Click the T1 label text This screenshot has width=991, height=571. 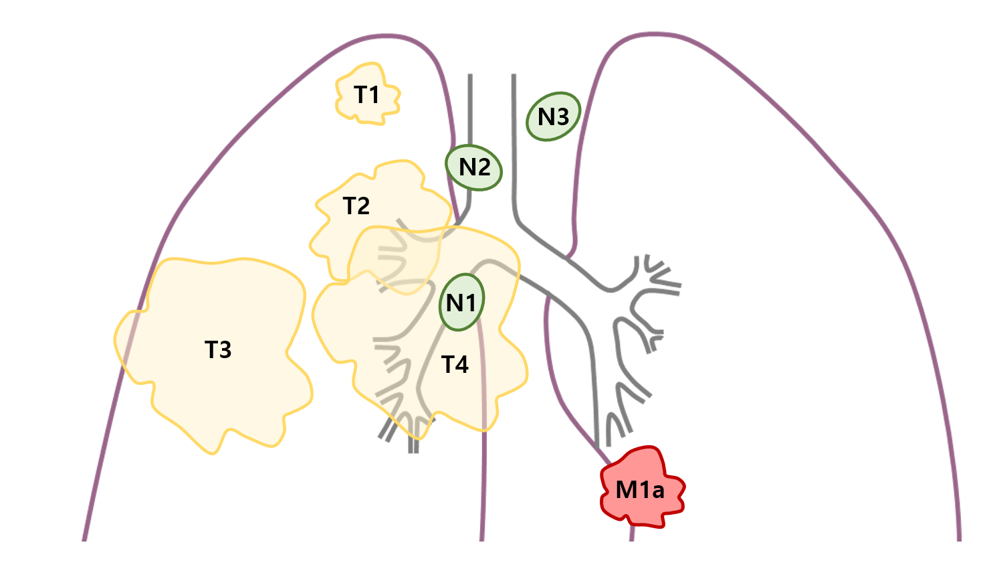[366, 95]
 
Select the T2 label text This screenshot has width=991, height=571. [356, 206]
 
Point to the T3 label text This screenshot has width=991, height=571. [218, 349]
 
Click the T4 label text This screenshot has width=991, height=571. [455, 364]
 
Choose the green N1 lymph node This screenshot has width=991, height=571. [461, 302]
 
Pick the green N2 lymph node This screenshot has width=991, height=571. [474, 167]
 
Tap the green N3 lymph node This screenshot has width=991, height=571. [553, 116]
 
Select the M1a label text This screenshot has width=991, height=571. [640, 490]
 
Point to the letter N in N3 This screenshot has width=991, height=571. [546, 117]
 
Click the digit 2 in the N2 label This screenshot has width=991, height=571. [483, 167]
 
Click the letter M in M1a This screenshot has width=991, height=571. [627, 490]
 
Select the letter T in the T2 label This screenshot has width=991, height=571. [349, 206]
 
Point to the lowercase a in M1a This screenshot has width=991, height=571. [658, 492]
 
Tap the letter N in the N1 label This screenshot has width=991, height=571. [454, 303]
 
